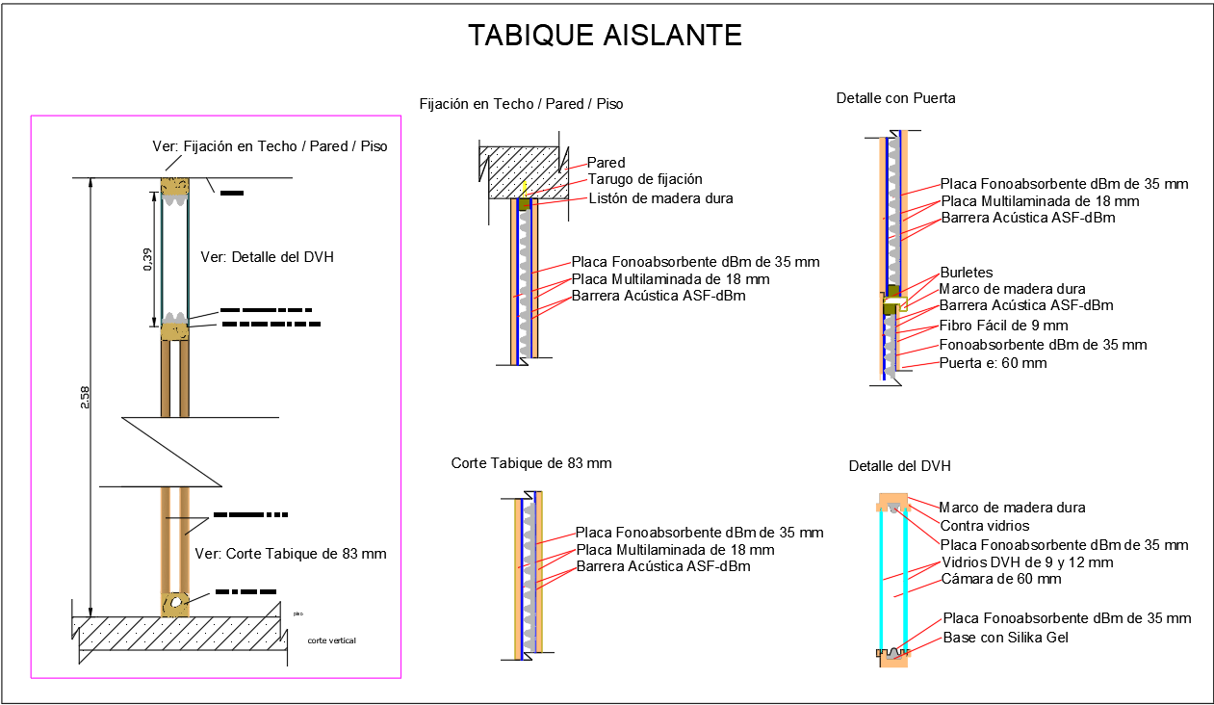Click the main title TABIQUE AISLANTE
pyautogui.click(x=605, y=36)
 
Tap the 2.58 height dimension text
pyautogui.click(x=85, y=397)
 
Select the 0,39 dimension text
pyautogui.click(x=148, y=260)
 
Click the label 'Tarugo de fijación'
pyautogui.click(x=645, y=179)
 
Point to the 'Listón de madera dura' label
pyautogui.click(x=660, y=198)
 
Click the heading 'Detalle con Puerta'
pyautogui.click(x=895, y=98)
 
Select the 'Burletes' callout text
pyautogui.click(x=966, y=273)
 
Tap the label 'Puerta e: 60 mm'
pyautogui.click(x=993, y=363)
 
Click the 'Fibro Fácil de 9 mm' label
pyautogui.click(x=1003, y=326)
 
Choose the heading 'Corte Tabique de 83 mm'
pyautogui.click(x=531, y=463)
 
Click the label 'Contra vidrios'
pyautogui.click(x=984, y=526)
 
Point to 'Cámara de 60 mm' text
pyautogui.click(x=1000, y=579)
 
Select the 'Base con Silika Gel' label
pyautogui.click(x=1005, y=638)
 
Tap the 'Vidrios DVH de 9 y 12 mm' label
pyautogui.click(x=1026, y=562)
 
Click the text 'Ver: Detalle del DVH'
pyautogui.click(x=267, y=257)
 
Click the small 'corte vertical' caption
pyautogui.click(x=332, y=640)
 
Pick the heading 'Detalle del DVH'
pyautogui.click(x=899, y=466)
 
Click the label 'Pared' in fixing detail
pyautogui.click(x=606, y=163)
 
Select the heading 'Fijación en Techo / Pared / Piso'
pyautogui.click(x=521, y=104)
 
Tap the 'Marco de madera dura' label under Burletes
pyautogui.click(x=1012, y=289)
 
